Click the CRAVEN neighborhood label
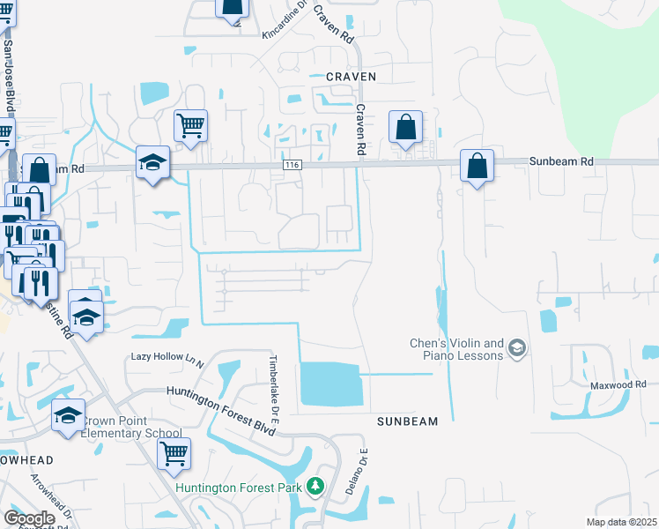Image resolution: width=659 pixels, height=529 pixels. point(351,77)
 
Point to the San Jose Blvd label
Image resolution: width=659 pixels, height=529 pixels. point(9,74)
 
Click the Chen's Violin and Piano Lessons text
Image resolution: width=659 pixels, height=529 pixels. point(457,349)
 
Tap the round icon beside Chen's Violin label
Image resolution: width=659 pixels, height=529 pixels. point(517,350)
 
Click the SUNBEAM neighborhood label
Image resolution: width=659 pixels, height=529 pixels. point(407,421)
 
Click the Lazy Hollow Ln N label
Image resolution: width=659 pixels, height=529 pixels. point(167,357)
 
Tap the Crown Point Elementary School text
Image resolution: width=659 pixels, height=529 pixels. point(132,427)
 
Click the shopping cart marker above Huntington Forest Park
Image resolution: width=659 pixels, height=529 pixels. point(174,453)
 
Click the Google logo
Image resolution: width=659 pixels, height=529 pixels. point(29,518)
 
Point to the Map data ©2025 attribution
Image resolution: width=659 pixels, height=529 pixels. point(621,522)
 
